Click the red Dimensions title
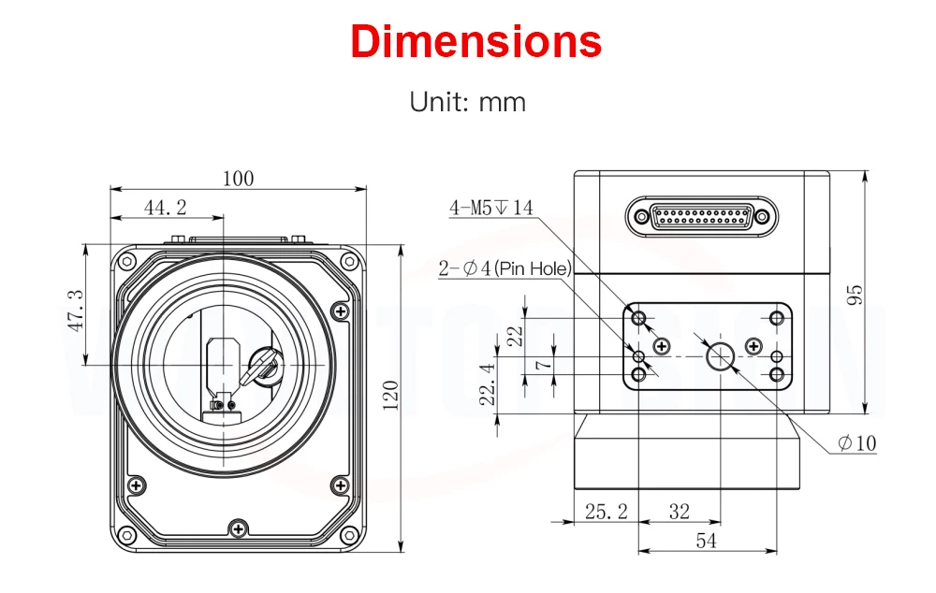[476, 42]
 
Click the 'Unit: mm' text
[468, 101]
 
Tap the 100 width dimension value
[238, 179]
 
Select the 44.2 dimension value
[166, 208]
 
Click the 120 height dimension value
[390, 395]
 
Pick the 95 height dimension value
[853, 295]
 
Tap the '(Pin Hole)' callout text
[533, 269]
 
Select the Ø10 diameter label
[857, 443]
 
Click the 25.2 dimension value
[606, 511]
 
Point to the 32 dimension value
[680, 511]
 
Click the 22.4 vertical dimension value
[487, 384]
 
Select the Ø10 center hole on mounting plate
[721, 355]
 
